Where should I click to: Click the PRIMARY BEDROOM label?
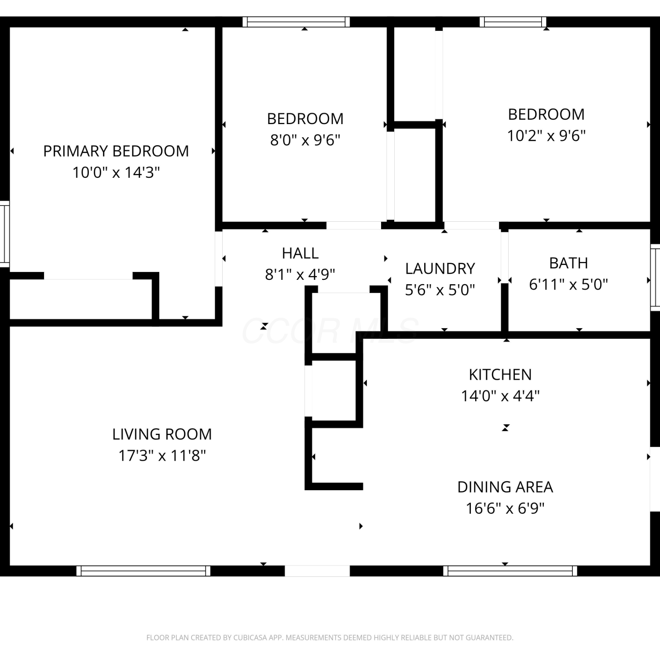(x=116, y=151)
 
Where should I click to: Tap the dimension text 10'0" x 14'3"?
(x=116, y=172)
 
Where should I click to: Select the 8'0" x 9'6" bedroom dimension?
(x=305, y=140)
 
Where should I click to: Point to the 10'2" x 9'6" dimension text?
(x=546, y=136)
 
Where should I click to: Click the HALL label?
(x=300, y=253)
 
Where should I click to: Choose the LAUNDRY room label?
(x=440, y=268)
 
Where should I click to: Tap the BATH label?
(x=568, y=263)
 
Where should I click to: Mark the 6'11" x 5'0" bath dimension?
(x=568, y=284)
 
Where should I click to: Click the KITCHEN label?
(x=500, y=374)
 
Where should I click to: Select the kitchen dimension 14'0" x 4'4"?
(x=500, y=396)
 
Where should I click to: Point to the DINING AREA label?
(x=505, y=487)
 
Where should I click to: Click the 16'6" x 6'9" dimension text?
(x=505, y=508)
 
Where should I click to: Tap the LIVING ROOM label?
(x=162, y=434)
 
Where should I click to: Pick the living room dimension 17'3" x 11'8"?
(x=162, y=455)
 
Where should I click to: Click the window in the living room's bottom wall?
(x=143, y=571)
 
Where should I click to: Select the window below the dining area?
(x=510, y=571)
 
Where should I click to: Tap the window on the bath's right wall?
(x=655, y=277)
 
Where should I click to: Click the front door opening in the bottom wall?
(x=317, y=571)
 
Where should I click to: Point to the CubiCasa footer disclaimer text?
(x=330, y=638)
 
